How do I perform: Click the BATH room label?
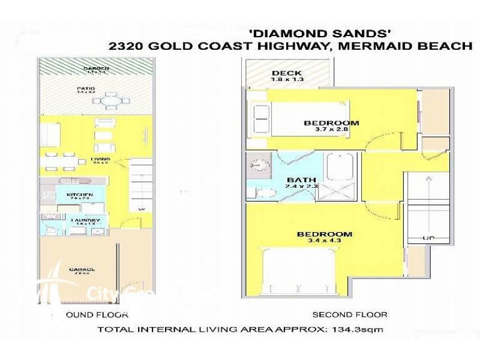298,180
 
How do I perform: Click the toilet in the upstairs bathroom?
262,192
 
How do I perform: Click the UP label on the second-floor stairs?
428,238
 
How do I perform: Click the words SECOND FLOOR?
350,314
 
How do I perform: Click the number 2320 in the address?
128,46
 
